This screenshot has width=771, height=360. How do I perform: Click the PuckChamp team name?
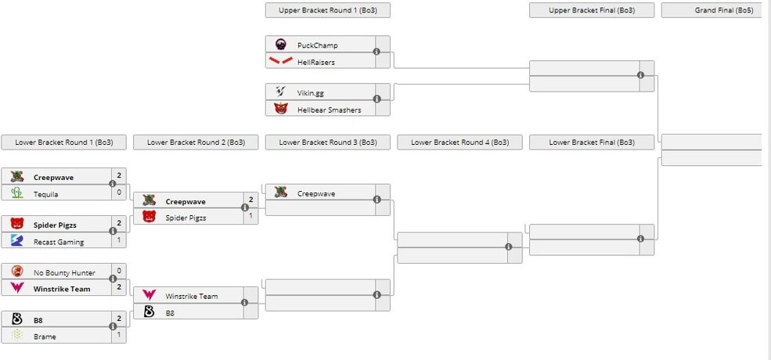(317, 45)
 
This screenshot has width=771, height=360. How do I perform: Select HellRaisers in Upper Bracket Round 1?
(316, 62)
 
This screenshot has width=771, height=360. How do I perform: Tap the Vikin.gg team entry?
(310, 93)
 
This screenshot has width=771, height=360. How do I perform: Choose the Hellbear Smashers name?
(329, 110)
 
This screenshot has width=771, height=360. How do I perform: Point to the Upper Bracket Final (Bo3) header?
(591, 10)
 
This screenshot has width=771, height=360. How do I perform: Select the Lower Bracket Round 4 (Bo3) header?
(459, 142)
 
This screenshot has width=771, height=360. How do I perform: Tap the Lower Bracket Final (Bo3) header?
(591, 142)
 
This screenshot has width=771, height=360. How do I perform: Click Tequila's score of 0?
(119, 193)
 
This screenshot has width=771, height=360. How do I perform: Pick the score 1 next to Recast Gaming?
(119, 241)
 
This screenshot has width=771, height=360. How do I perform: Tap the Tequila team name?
(46, 194)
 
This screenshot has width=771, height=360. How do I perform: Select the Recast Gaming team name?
(59, 242)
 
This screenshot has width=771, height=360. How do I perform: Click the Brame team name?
(45, 337)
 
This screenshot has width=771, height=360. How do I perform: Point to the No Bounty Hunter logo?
(17, 272)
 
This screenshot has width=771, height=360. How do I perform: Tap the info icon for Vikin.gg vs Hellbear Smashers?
(376, 99)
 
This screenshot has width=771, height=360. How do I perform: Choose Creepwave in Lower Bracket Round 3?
(316, 193)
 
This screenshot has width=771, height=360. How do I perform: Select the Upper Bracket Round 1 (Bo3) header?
(327, 10)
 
